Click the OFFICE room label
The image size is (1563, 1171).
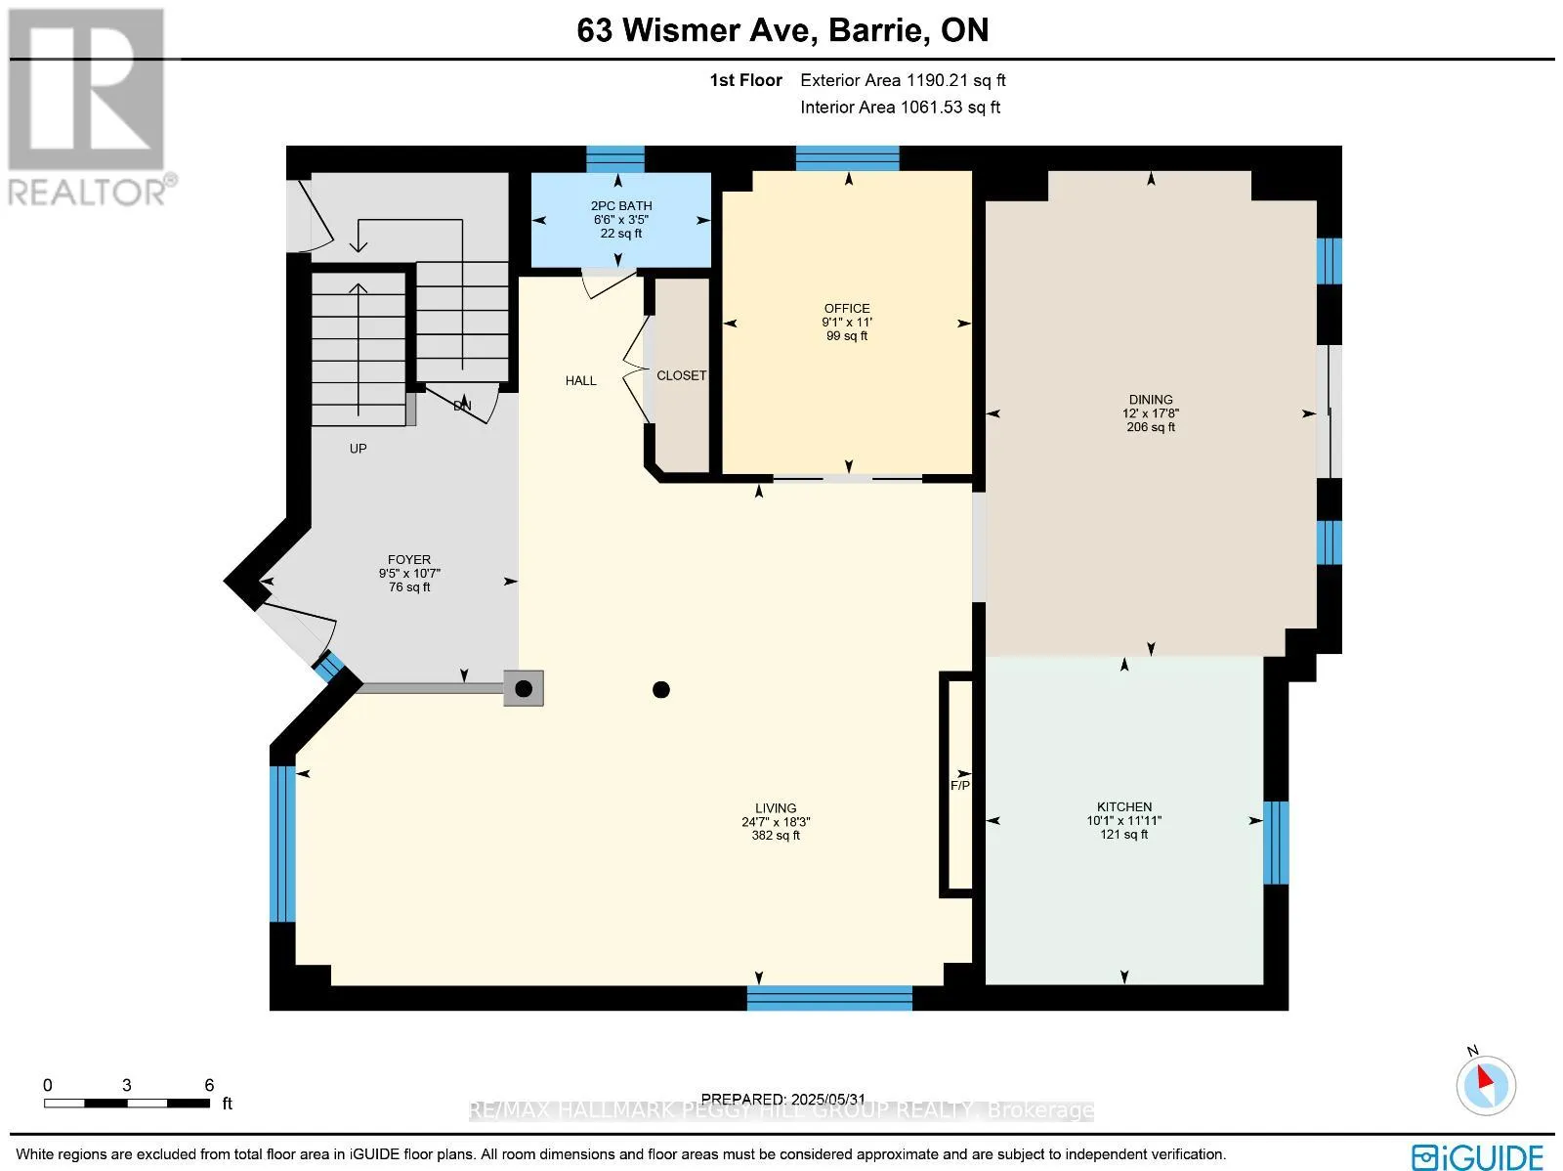point(847,309)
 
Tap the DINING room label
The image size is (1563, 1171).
point(1151,400)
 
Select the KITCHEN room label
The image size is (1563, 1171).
point(1124,807)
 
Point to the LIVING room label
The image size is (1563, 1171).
point(776,808)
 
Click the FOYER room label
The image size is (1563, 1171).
point(409,560)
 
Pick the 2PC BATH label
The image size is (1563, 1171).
point(621,206)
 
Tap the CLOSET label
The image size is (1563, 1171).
point(682,375)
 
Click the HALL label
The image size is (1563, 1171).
point(581,381)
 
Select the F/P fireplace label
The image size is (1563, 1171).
point(960,786)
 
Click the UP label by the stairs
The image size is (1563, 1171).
point(359,449)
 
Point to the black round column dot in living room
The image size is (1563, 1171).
point(661,689)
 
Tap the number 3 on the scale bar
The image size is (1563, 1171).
point(127,1086)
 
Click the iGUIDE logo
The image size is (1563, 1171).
point(1478,1156)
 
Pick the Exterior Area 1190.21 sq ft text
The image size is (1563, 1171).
point(903,80)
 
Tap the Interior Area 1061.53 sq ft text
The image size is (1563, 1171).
point(900,108)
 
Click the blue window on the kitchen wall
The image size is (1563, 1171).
point(1276,843)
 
